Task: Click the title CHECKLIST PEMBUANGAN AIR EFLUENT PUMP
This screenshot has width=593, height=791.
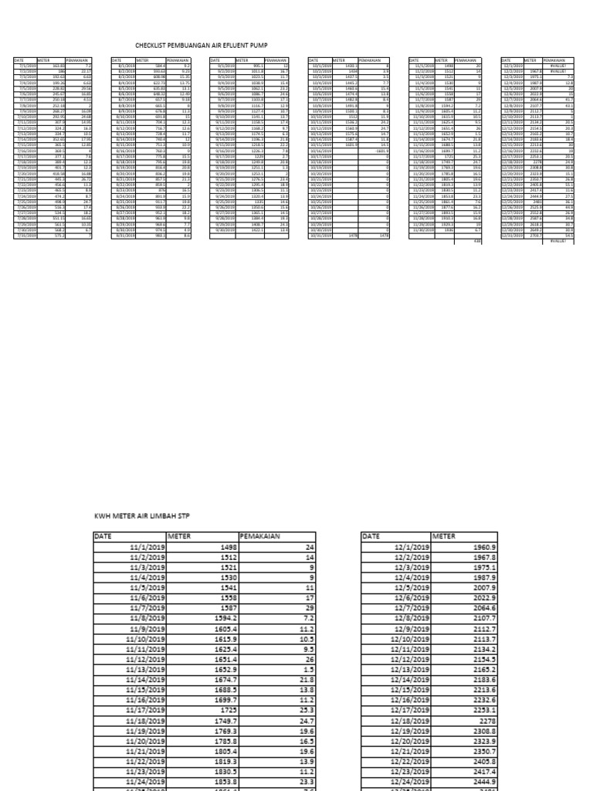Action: pyautogui.click(x=201, y=46)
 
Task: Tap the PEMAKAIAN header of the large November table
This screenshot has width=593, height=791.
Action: pyautogui.click(x=259, y=535)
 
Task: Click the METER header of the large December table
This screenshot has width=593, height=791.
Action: pyautogui.click(x=446, y=535)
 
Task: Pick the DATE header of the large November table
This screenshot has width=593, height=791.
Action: pyautogui.click(x=103, y=535)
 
